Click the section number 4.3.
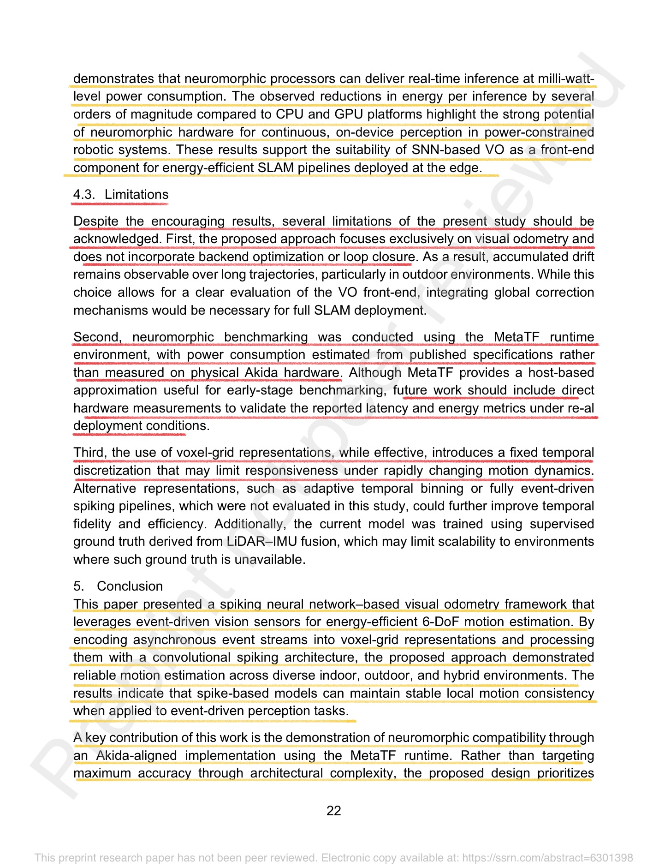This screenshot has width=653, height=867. tap(84, 195)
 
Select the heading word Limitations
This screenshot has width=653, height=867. tap(137, 195)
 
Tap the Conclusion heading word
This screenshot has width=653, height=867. tap(130, 586)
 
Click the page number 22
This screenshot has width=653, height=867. tap(333, 811)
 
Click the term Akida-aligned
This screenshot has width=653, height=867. tap(136, 756)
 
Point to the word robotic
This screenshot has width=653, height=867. tap(95, 150)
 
